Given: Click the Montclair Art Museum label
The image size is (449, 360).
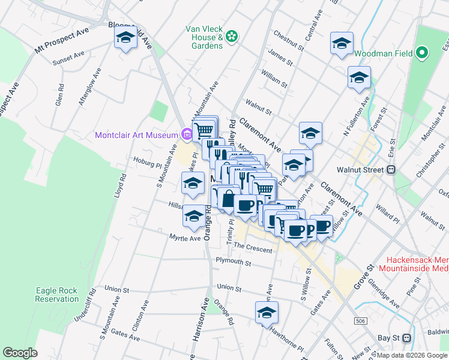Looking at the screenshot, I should click(136, 135).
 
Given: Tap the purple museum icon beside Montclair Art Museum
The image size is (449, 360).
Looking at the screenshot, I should click(187, 134).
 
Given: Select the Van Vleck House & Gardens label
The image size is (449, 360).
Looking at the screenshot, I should click(204, 37).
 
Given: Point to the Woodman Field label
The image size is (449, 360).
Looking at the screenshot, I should click(383, 53).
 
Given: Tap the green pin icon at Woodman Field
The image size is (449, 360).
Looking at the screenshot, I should click(421, 53).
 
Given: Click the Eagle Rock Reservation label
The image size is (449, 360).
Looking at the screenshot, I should click(56, 294).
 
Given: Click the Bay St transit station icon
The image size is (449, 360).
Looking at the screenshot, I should click(407, 338).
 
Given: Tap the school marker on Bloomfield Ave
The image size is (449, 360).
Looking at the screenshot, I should click(125, 38).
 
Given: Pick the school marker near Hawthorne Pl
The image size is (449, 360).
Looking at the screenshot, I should click(267, 313).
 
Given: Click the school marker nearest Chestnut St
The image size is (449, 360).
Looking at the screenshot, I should click(341, 43).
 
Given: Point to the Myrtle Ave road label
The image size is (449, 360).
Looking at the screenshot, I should click(184, 238).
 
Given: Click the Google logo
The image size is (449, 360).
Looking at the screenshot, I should click(20, 353).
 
